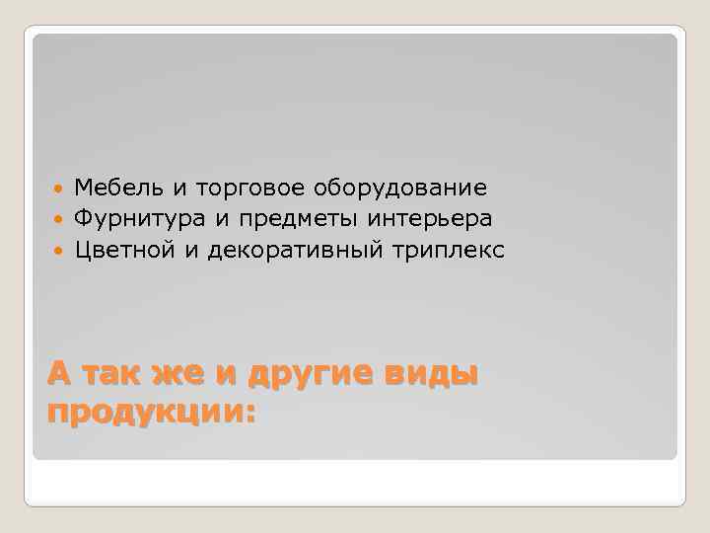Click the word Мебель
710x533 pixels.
pos(109,188)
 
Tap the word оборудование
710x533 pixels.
pos(401,188)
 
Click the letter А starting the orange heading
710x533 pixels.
pos(60,375)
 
